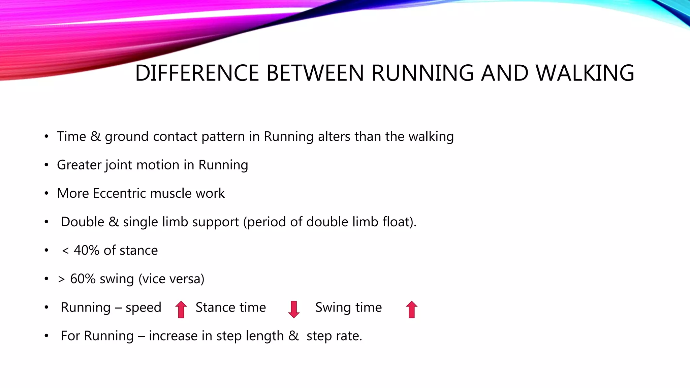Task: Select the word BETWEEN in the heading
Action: click(315, 73)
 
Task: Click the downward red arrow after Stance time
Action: click(294, 309)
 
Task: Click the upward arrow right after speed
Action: click(181, 309)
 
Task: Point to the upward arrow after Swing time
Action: click(411, 309)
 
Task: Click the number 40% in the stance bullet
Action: click(87, 250)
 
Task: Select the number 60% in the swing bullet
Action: click(83, 279)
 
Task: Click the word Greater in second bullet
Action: click(79, 165)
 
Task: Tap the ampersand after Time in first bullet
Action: click(96, 136)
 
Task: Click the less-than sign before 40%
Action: click(65, 251)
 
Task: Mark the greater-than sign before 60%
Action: click(61, 279)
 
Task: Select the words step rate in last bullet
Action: click(334, 336)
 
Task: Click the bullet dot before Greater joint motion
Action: click(46, 165)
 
